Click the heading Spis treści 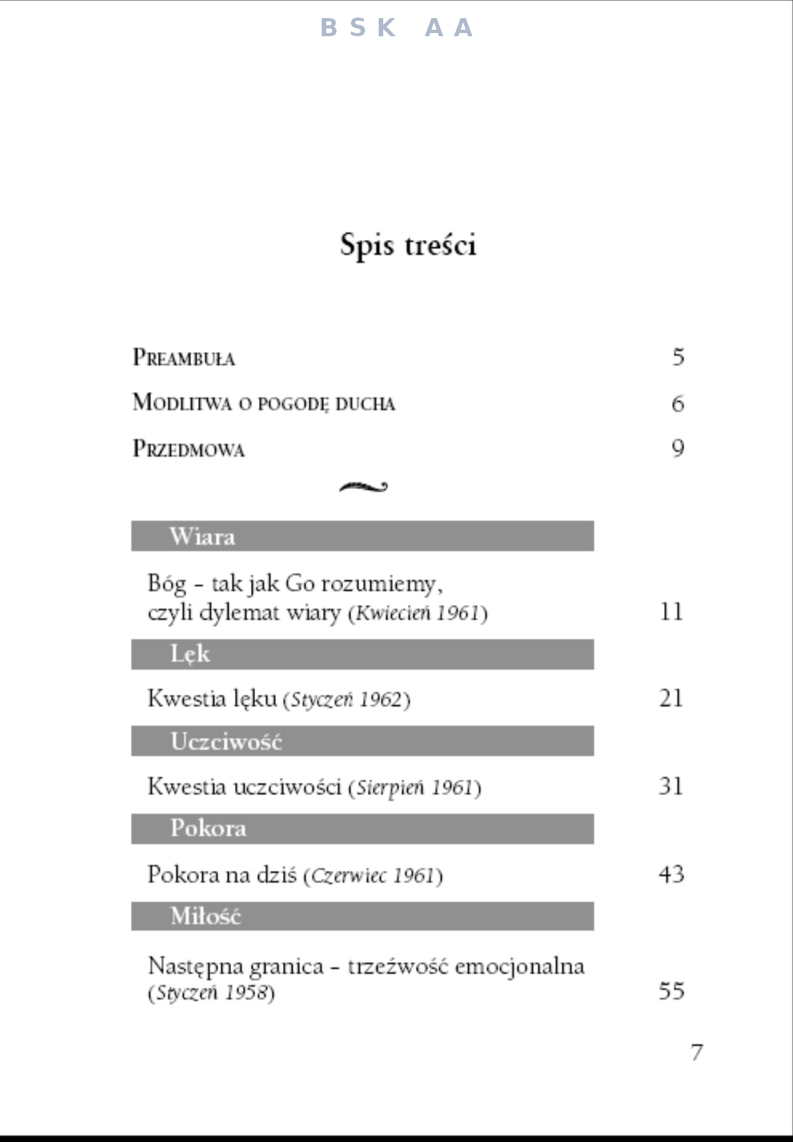pyautogui.click(x=408, y=245)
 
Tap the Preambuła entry pyautogui.click(x=184, y=358)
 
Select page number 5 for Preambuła pyautogui.click(x=678, y=357)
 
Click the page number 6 pyautogui.click(x=678, y=404)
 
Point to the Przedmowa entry pyautogui.click(x=188, y=449)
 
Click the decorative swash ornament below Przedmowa pyautogui.click(x=363, y=487)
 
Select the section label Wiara pyautogui.click(x=202, y=536)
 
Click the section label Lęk pyautogui.click(x=190, y=654)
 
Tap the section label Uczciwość pyautogui.click(x=226, y=741)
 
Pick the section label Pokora pyautogui.click(x=208, y=829)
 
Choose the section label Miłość pyautogui.click(x=205, y=916)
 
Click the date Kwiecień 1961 pyautogui.click(x=418, y=613)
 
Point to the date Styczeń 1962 pyautogui.click(x=346, y=700)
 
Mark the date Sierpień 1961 pyautogui.click(x=415, y=787)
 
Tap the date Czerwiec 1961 pyautogui.click(x=372, y=875)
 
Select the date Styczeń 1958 pyautogui.click(x=212, y=993)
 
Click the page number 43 pyautogui.click(x=671, y=875)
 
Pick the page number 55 pyautogui.click(x=671, y=991)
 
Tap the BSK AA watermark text pyautogui.click(x=397, y=28)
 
